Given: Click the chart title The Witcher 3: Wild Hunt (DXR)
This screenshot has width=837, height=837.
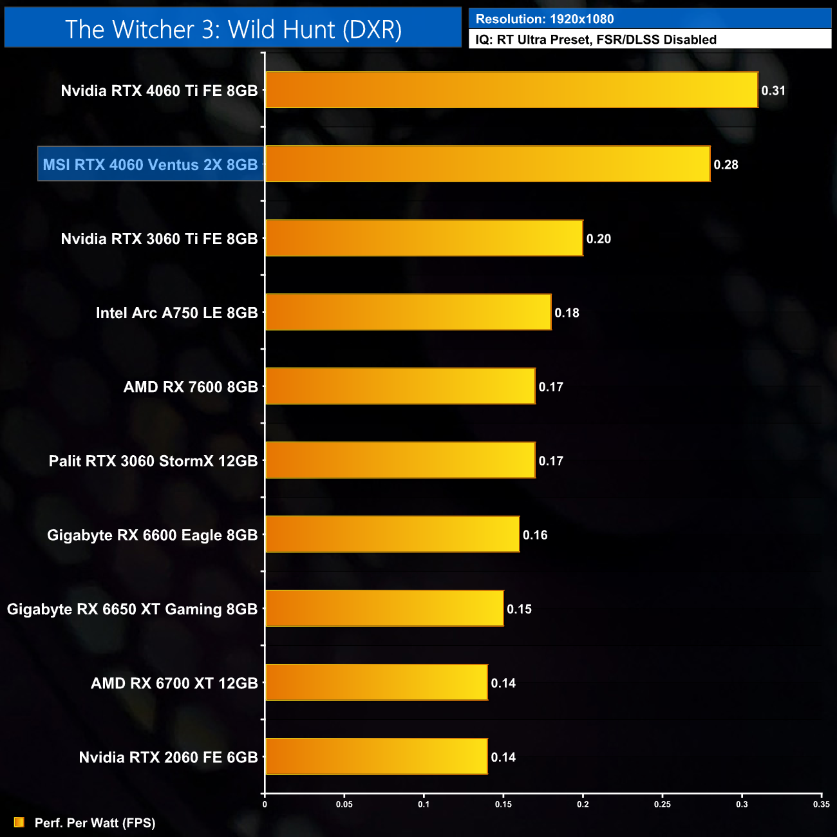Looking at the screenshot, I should [x=233, y=30].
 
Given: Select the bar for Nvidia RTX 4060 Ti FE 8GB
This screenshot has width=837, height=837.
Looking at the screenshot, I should [x=511, y=90].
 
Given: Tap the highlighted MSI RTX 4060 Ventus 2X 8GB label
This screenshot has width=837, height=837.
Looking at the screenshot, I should [x=151, y=164].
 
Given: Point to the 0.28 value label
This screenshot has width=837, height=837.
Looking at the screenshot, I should [x=726, y=165].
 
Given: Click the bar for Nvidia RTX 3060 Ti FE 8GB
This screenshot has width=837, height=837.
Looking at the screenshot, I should [x=424, y=238].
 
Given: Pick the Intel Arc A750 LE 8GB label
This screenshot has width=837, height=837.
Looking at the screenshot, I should [x=176, y=313].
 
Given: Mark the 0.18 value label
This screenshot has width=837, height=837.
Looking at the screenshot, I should [x=567, y=313].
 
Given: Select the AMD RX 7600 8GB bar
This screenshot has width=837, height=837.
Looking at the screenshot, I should [x=400, y=386].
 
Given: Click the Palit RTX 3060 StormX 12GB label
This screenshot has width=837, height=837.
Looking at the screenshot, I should [x=153, y=461].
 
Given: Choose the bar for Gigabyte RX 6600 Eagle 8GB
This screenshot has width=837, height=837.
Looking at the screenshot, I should [x=392, y=534].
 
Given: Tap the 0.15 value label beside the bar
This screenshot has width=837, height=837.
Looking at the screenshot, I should [x=519, y=609].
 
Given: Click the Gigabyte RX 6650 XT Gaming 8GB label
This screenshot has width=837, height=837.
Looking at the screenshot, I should [x=132, y=609].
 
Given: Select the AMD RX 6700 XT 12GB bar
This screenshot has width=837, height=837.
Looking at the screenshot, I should [x=376, y=682].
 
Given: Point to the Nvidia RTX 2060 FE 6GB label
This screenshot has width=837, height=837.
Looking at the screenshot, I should [x=168, y=757].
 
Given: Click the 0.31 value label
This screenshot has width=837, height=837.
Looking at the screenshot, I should [x=773, y=91].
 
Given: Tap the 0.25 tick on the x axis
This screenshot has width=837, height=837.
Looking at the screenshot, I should [x=663, y=804].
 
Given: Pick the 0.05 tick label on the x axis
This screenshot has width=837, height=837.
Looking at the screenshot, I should [x=344, y=804].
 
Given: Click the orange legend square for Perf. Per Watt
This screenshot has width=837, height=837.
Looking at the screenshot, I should [x=19, y=822].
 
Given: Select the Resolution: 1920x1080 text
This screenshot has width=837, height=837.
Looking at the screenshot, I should [x=545, y=19].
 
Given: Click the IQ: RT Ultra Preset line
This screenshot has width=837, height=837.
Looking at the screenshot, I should [x=596, y=40].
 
